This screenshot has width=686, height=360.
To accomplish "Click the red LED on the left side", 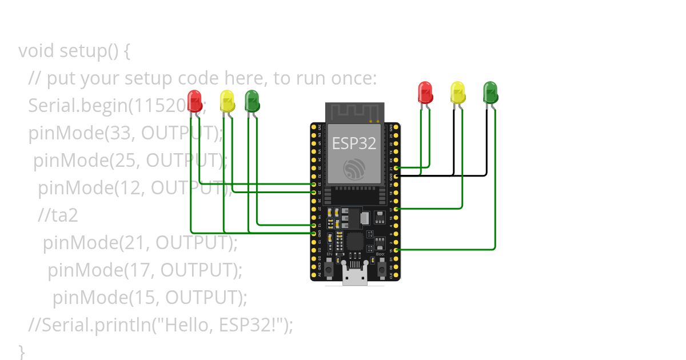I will pyautogui.click(x=195, y=100).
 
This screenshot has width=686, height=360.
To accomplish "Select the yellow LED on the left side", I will pyautogui.click(x=227, y=101).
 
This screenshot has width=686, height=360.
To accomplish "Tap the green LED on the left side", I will pyautogui.click(x=252, y=100).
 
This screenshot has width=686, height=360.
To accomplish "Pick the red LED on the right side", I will pyautogui.click(x=425, y=92).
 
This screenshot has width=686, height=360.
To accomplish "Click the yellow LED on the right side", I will pyautogui.click(x=457, y=92).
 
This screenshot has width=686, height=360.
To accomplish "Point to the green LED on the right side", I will pyautogui.click(x=490, y=92).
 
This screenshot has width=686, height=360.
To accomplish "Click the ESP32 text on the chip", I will pyautogui.click(x=354, y=143).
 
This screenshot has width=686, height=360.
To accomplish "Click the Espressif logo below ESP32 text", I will pyautogui.click(x=354, y=169).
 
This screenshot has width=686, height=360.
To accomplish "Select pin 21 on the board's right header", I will pyautogui.click(x=396, y=169).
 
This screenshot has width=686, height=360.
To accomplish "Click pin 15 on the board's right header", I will pyautogui.click(x=396, y=250).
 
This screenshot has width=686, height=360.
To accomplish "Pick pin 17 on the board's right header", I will pyautogui.click(x=396, y=209).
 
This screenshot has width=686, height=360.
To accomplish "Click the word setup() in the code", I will pyautogui.click(x=89, y=51).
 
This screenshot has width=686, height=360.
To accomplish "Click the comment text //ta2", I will pyautogui.click(x=58, y=215).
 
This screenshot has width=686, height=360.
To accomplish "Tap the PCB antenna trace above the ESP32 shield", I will pyautogui.click(x=354, y=112).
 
